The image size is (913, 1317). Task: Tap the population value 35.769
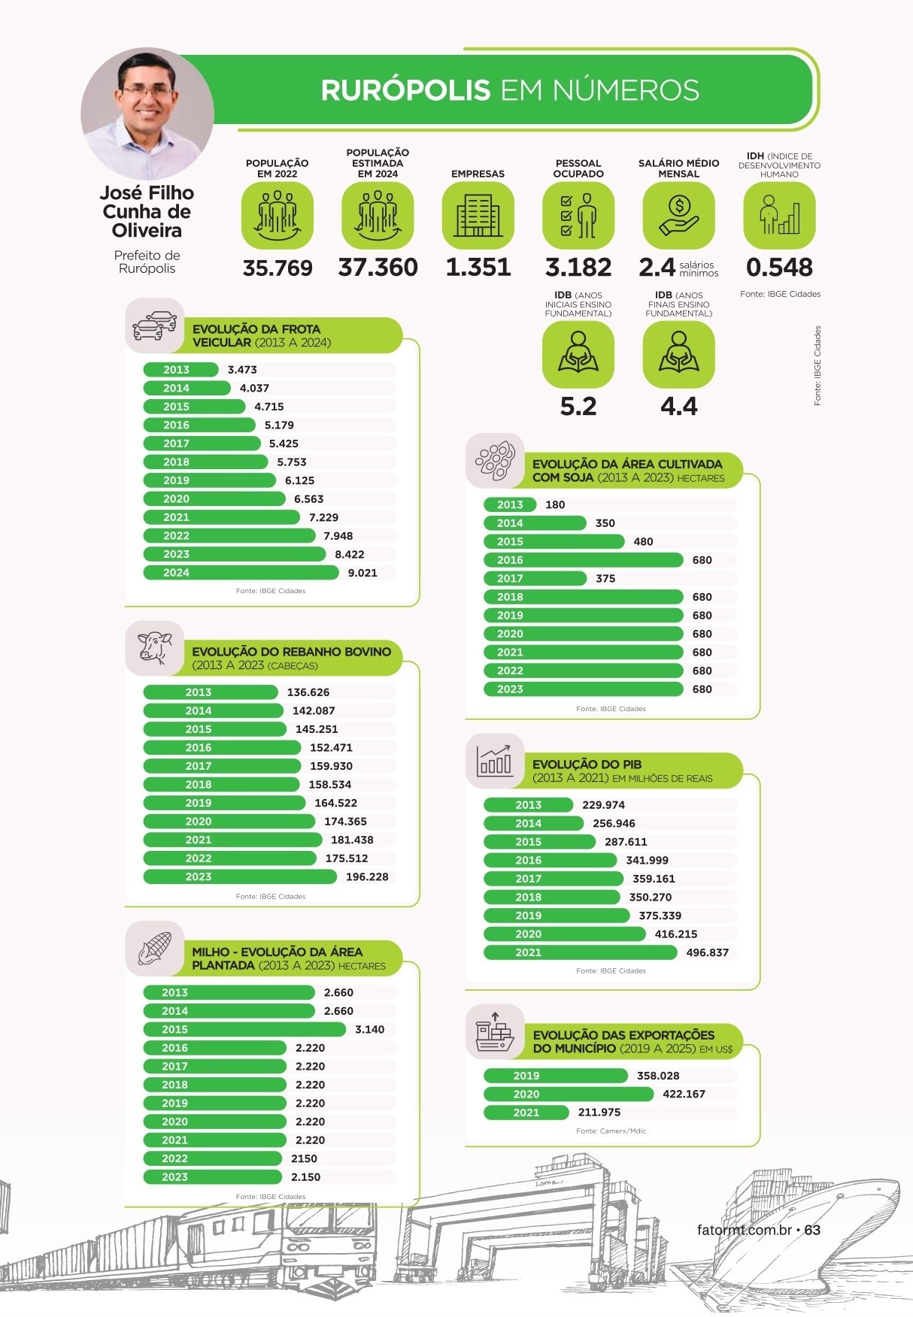pos(278,268)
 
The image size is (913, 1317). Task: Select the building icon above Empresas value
pos(478,215)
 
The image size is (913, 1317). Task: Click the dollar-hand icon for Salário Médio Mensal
pos(678,215)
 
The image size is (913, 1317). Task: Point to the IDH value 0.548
pos(779,267)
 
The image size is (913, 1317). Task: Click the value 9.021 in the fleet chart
pos(362,573)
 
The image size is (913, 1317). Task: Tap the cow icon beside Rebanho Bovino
pos(155,647)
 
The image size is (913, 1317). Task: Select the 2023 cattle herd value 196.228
pos(367,876)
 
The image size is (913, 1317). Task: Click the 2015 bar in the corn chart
pos(244,1029)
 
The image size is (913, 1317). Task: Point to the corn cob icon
pos(155,948)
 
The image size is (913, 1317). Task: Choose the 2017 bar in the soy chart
pos(535,578)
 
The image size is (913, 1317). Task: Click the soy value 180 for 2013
pos(555,504)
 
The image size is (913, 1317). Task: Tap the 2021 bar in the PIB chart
pos(580,952)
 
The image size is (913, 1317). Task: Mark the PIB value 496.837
pos(708,952)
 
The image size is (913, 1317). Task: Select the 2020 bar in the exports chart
pos(569,1094)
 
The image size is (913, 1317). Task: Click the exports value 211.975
pos(599,1113)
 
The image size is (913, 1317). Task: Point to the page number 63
pos(812,1231)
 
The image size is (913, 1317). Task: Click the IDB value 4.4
pos(678,407)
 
